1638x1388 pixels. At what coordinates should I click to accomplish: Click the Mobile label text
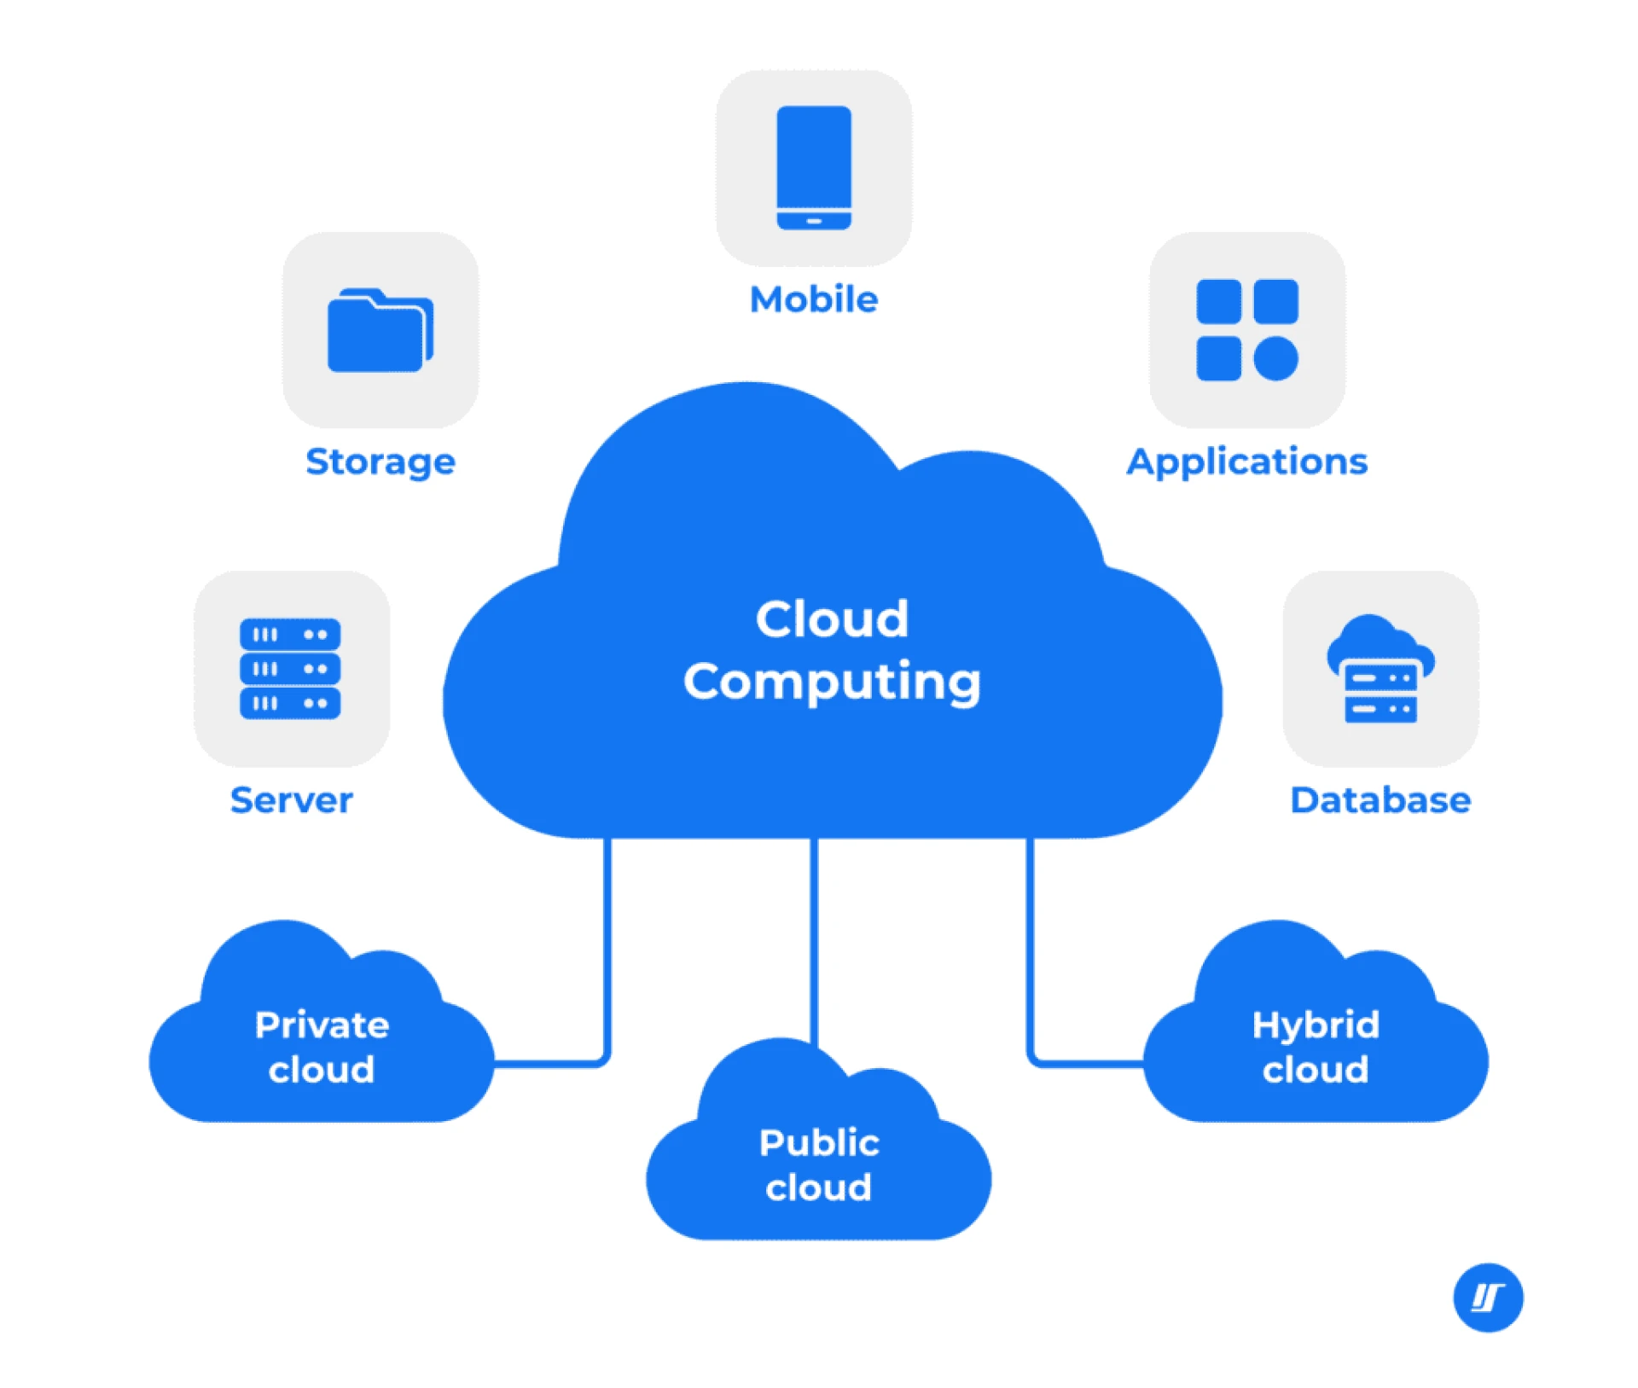coord(813,299)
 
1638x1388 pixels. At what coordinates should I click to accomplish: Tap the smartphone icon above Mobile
coord(813,167)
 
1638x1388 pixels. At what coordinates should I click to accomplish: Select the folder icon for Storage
coord(380,331)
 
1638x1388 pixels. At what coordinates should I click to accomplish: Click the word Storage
coord(380,462)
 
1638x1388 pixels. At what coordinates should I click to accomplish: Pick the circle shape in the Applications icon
coord(1275,358)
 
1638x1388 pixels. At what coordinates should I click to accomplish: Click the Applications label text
coord(1246,462)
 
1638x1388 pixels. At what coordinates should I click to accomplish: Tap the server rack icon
coord(290,668)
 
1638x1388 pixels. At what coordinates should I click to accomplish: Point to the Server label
coord(291,800)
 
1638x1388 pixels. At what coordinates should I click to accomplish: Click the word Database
coord(1380,800)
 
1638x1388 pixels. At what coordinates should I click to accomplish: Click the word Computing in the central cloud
coord(832,682)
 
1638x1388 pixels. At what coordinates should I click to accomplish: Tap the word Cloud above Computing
coord(832,619)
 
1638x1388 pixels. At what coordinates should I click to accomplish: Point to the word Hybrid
coord(1315,1025)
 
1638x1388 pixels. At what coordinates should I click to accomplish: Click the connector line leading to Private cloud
coord(607,955)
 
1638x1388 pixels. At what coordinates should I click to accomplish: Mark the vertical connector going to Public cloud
coord(814,938)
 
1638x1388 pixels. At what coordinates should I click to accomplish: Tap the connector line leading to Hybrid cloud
coord(1030,955)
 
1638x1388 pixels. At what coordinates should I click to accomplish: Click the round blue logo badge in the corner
coord(1487,1297)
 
